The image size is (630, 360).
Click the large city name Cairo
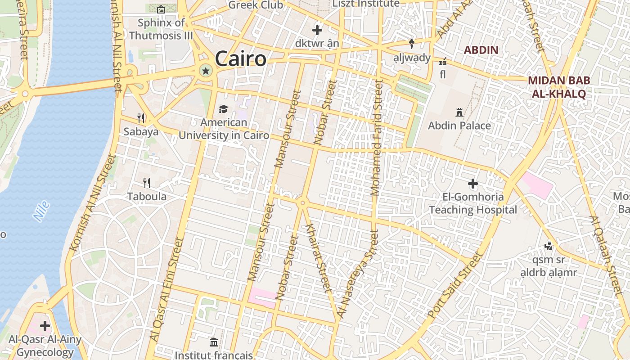(240, 59)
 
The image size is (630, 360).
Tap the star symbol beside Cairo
(206, 70)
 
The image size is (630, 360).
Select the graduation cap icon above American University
(223, 109)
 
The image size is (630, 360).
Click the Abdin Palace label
(459, 126)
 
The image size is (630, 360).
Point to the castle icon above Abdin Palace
(459, 112)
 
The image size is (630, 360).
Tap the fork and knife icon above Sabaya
(141, 118)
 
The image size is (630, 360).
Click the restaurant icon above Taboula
(147, 183)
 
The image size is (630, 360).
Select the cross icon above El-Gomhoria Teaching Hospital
(472, 184)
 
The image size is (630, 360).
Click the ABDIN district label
(481, 50)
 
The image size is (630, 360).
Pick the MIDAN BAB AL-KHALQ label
(559, 87)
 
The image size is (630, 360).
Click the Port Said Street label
(455, 285)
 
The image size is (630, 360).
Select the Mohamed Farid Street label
(376, 137)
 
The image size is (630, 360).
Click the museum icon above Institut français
(214, 342)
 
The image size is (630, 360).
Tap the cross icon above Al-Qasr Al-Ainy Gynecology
(45, 325)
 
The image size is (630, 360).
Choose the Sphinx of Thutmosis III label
(161, 29)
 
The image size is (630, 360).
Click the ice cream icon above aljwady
(411, 44)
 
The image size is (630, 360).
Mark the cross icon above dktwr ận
(317, 31)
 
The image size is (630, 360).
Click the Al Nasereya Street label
(358, 275)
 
